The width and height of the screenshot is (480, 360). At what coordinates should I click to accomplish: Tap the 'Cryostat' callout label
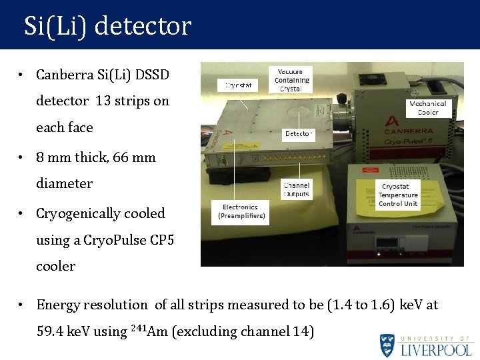point(238,85)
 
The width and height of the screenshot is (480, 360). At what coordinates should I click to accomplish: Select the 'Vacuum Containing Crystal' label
point(291,80)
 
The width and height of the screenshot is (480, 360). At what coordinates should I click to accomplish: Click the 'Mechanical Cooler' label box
point(427,108)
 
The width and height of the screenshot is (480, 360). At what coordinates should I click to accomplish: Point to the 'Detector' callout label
point(298,134)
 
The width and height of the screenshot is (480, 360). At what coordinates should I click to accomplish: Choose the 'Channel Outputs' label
point(296,189)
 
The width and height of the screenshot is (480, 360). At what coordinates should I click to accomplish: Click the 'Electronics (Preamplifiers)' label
point(241,211)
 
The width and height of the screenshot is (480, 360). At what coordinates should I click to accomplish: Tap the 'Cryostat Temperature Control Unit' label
point(398,195)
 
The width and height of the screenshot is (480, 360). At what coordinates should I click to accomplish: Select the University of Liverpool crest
point(387,345)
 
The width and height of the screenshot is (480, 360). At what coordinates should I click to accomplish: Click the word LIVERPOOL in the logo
point(437,349)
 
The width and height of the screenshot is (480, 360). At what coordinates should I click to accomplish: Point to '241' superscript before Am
point(138,327)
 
